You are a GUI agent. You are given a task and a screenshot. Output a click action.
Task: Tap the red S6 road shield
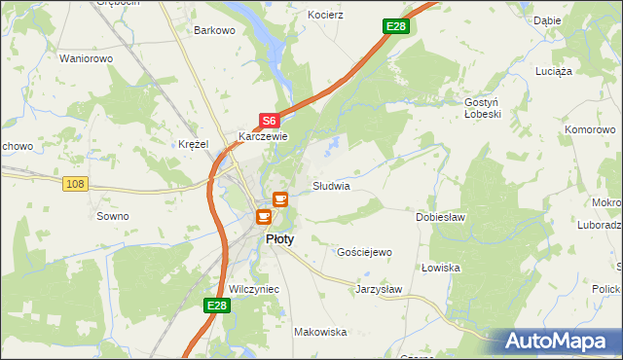pyautogui.click(x=270, y=121)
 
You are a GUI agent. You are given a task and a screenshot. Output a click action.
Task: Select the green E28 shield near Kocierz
pyautogui.click(x=394, y=26)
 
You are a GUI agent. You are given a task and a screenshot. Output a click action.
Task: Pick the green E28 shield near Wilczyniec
pyautogui.click(x=217, y=306)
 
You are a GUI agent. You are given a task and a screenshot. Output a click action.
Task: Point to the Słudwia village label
pyautogui.click(x=331, y=185)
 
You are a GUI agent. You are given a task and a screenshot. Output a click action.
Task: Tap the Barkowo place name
pyautogui.click(x=215, y=30)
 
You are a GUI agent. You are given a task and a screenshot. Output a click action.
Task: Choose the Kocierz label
pyautogui.click(x=326, y=17)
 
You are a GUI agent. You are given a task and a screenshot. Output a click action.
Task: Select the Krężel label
pyautogui.click(x=194, y=144)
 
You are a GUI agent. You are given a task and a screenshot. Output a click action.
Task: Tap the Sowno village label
pyautogui.click(x=113, y=216)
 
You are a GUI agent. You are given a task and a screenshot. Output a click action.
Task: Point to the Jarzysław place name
pyautogui.click(x=379, y=289)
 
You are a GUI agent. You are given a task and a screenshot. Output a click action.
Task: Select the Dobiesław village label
pyautogui.click(x=441, y=217)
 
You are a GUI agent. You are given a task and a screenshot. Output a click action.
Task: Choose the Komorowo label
pyautogui.click(x=592, y=128)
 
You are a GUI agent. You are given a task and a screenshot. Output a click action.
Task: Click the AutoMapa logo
pyautogui.click(x=561, y=342)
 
